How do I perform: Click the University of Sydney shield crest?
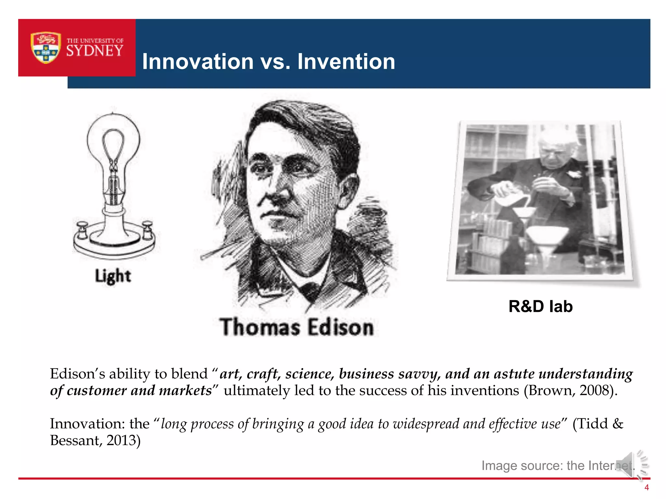point(46,47)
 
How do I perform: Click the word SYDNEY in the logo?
point(95,51)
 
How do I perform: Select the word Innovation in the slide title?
point(198,61)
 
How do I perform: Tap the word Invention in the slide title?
point(346,61)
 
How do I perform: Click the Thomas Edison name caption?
point(296,327)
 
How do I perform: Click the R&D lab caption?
point(540,306)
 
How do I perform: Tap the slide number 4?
point(646,487)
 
